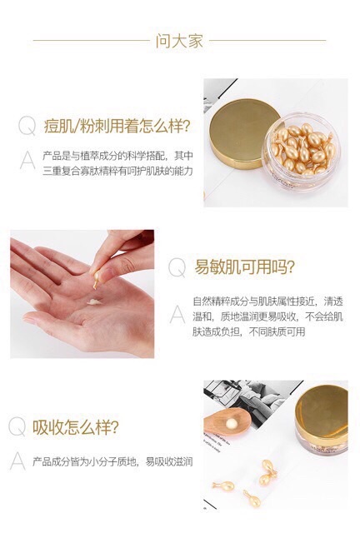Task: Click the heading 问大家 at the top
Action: click(179, 41)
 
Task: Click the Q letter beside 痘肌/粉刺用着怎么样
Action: click(27, 127)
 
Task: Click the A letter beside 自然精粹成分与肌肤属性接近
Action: click(177, 313)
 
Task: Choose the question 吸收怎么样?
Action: click(74, 428)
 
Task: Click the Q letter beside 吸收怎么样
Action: click(17, 428)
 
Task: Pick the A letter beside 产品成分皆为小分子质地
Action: click(17, 461)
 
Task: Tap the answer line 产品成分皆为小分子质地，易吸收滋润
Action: click(112, 461)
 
